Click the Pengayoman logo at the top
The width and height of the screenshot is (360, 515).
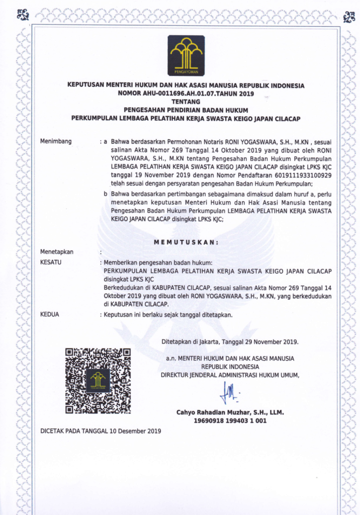pos(186,55)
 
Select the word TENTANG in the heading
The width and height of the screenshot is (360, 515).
pos(186,101)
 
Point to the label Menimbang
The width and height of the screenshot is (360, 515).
pos(55,141)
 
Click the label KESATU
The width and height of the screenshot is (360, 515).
pos(50,262)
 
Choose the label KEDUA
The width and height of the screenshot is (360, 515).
pos(49,314)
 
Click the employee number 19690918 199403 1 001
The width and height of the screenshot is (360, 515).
pos(230,421)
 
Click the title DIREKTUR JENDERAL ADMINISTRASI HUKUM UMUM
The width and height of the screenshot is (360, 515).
pos(230,375)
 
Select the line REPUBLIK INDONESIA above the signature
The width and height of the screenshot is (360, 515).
pos(230,367)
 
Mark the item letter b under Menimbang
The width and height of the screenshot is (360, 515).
pos(105,193)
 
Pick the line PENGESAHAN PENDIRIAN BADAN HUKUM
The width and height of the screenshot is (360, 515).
pos(186,109)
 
